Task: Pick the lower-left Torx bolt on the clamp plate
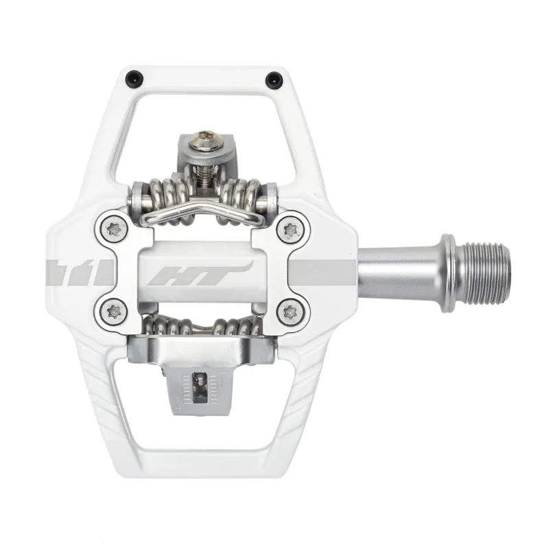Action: (113, 313)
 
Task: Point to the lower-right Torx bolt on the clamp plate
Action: (292, 313)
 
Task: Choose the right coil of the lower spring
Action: (237, 325)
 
